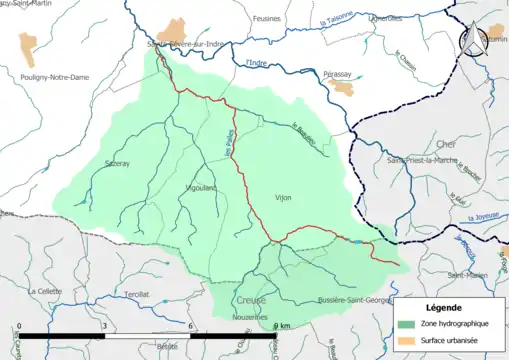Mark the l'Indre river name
(x=258, y=64)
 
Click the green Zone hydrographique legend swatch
(x=406, y=325)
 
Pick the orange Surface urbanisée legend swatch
(x=406, y=342)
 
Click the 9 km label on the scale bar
(x=281, y=327)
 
